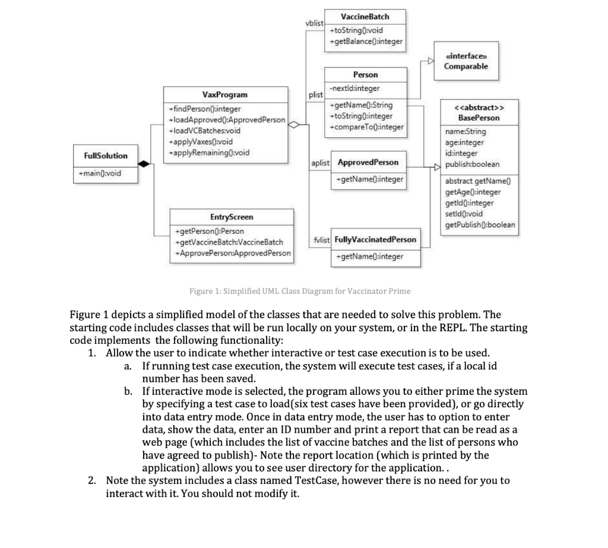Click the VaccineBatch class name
[x=366, y=16]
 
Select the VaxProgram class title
[x=225, y=94]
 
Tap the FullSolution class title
[x=101, y=156]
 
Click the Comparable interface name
[x=466, y=66]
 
